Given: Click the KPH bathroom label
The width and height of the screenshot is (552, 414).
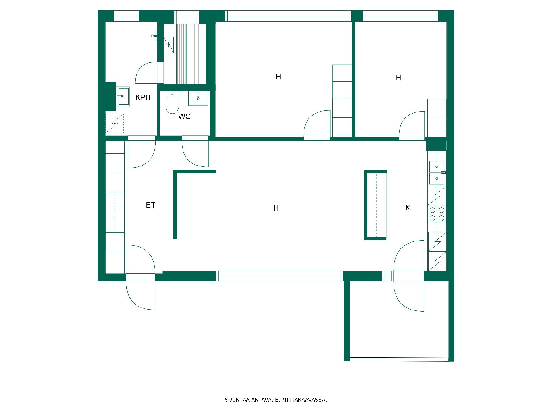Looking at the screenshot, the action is click(x=143, y=97).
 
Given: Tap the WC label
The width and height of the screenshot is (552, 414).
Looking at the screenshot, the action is click(x=184, y=116).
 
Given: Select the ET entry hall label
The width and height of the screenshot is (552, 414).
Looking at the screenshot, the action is click(x=150, y=205).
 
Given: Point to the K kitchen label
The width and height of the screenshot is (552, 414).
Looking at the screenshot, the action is click(x=407, y=208).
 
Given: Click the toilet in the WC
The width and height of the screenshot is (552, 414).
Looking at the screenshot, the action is click(x=172, y=102).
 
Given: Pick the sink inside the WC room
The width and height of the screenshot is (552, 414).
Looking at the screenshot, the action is click(x=198, y=98).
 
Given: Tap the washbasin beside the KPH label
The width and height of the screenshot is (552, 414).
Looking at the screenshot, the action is click(x=123, y=96).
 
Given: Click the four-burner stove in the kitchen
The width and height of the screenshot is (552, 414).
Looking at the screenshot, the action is click(x=437, y=214).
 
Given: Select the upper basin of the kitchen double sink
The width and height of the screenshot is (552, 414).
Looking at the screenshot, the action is click(x=437, y=166).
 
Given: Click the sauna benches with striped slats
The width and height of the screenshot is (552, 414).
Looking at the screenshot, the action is click(x=191, y=54).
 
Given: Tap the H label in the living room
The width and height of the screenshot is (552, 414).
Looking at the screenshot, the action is click(x=276, y=208).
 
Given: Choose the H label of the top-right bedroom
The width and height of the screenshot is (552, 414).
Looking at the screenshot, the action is click(x=398, y=78).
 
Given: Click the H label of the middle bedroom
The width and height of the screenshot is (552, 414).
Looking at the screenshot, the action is click(x=278, y=77).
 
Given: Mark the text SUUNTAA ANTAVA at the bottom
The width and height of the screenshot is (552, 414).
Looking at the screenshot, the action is click(x=248, y=400).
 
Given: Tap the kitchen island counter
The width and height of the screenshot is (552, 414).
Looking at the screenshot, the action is click(x=375, y=205).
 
